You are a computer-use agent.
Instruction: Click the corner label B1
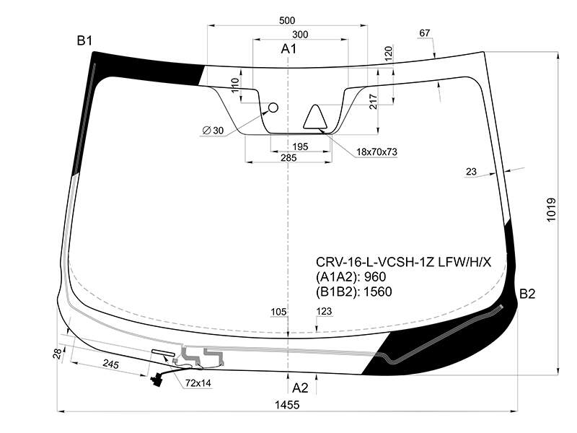coord(84,40)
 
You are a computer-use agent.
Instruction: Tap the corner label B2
coord(527,294)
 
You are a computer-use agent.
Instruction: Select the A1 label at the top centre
coord(288,48)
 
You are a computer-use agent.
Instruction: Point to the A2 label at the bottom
coord(300,388)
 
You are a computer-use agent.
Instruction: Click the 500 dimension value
coord(287,21)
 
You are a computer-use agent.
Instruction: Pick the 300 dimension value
coord(300,35)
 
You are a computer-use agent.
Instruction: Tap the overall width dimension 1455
coord(287,405)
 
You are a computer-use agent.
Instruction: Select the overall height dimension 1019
coord(551,210)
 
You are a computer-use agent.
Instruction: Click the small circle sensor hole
coord(273,108)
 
